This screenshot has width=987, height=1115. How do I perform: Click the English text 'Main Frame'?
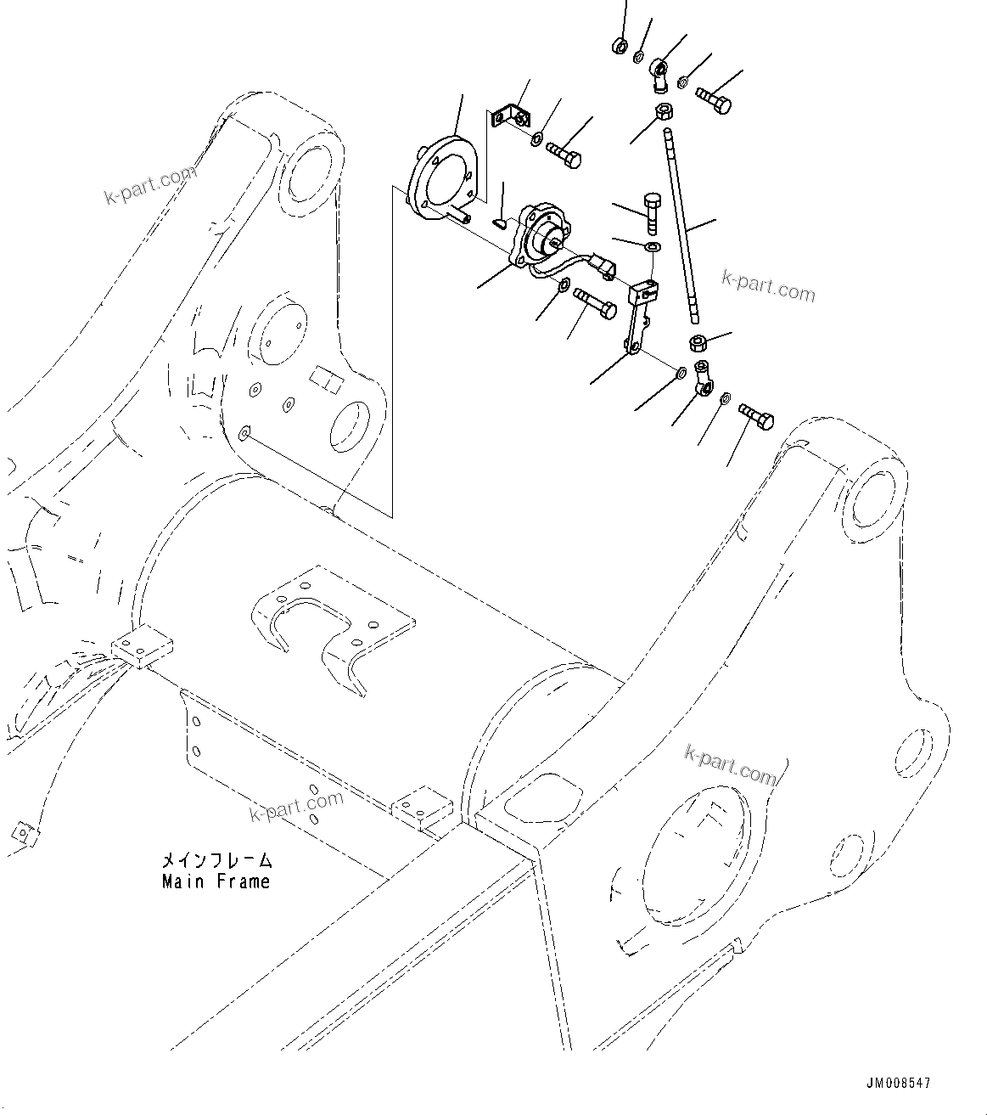[x=216, y=881]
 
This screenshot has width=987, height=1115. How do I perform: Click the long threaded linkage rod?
[x=683, y=225]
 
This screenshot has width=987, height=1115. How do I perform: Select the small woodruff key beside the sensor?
[x=501, y=223]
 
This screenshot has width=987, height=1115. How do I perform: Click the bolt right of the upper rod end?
[x=715, y=101]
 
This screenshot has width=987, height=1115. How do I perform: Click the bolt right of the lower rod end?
[x=757, y=417]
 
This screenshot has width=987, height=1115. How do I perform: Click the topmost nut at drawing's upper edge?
[x=620, y=45]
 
